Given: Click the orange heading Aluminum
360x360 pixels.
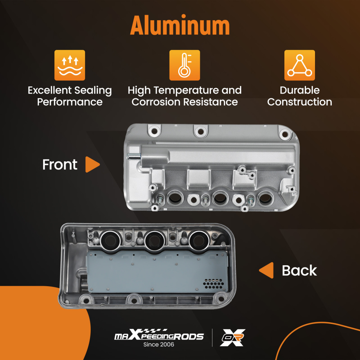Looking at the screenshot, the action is click(180, 25).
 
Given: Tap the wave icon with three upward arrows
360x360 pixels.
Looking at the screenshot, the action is click(69, 65).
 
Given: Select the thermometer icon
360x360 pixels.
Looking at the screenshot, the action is click(185, 65).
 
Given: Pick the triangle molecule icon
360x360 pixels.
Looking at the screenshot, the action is click(300, 65).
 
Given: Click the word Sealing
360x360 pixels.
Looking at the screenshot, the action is click(93, 91).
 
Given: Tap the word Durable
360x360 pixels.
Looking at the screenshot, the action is click(300, 90).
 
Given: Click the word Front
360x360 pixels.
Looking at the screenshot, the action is click(60, 165).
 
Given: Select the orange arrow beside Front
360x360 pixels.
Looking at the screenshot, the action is click(92, 165).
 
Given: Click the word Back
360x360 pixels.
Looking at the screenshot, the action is click(300, 270).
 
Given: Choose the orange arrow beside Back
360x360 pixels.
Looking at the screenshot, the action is click(266, 270).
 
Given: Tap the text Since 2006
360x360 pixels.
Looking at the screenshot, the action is click(159, 345).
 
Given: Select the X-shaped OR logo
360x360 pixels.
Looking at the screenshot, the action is click(233, 338).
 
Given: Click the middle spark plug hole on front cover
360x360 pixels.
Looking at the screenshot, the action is click(220, 198).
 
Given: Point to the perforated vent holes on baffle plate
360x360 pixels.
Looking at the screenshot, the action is click(213, 284).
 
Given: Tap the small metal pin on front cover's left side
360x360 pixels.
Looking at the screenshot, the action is click(134, 157).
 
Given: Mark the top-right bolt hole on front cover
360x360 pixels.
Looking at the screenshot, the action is click(285, 134).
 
